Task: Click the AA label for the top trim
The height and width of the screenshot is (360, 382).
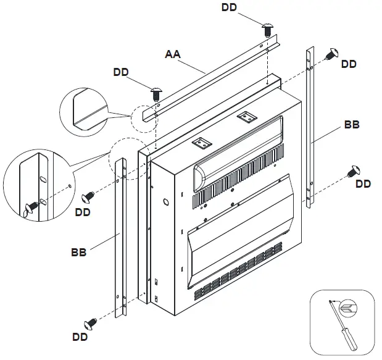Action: (x=172, y=54)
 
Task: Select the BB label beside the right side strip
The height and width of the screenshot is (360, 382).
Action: (x=352, y=125)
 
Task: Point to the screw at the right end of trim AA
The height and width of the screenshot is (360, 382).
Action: (x=268, y=29)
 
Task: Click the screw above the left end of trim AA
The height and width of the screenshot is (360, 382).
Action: (x=156, y=93)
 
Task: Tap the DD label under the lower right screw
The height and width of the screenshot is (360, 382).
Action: (x=363, y=184)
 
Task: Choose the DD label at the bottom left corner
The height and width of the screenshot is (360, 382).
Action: (x=80, y=337)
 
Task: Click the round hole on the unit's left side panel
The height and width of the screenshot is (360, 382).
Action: (x=166, y=202)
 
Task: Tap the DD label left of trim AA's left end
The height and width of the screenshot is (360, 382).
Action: (x=121, y=72)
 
